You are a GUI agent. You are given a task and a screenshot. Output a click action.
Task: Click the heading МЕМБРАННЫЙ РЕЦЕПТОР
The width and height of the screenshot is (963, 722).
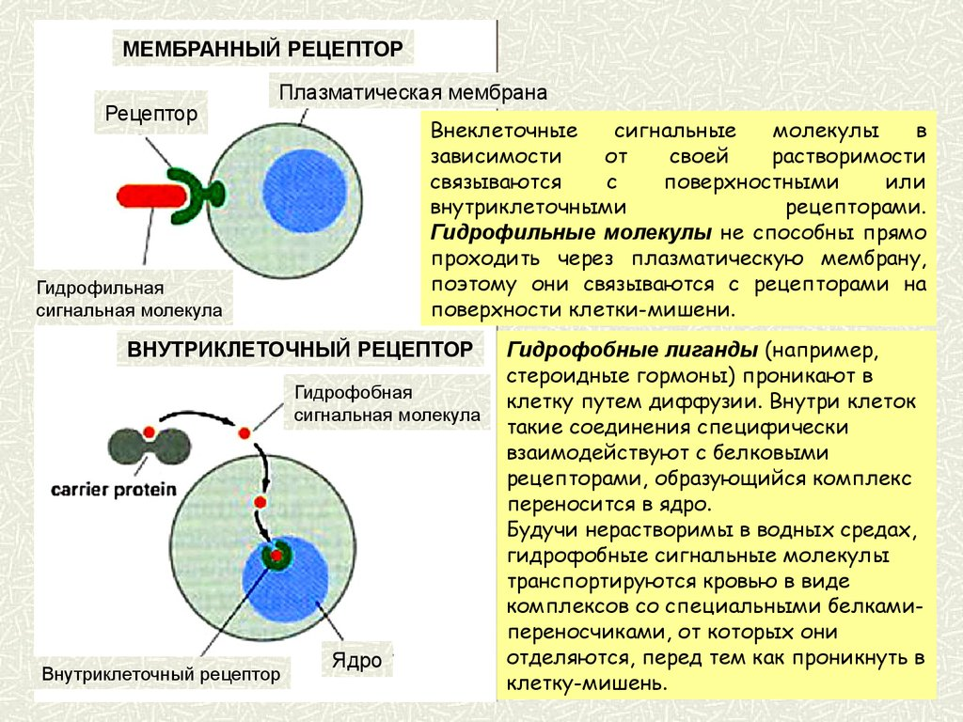pos(262,47)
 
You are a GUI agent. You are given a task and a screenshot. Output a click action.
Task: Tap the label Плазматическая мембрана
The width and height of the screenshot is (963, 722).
pos(412,93)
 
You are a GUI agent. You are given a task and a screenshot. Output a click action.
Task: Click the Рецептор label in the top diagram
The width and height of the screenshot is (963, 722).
pos(151,115)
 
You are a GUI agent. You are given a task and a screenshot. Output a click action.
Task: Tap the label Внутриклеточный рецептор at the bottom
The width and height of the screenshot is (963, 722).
pos(162,675)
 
